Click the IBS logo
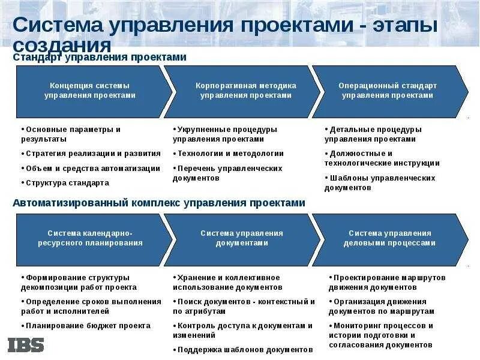click(x=26, y=344)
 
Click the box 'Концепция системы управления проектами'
click(x=90, y=91)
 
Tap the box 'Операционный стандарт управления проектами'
click(x=388, y=91)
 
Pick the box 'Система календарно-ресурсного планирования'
click(x=90, y=238)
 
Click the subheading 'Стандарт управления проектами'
click(x=100, y=57)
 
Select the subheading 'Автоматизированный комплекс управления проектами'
click(x=159, y=203)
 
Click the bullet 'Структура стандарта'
click(x=67, y=183)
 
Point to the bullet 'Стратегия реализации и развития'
click(x=92, y=154)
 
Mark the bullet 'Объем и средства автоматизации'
click(x=92, y=169)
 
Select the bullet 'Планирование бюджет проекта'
click(x=88, y=326)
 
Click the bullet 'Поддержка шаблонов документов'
click(x=244, y=349)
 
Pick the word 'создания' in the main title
click(x=62, y=46)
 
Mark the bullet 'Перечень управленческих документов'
click(x=228, y=173)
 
